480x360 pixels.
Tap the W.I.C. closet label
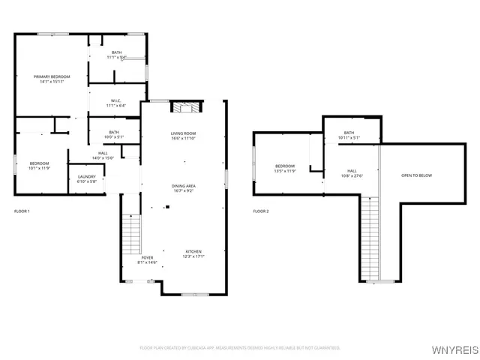click(x=115, y=103)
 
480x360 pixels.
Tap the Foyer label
click(x=148, y=259)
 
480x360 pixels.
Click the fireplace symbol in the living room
click(x=186, y=107)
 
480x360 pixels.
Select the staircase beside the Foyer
click(x=131, y=233)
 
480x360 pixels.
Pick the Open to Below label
click(x=416, y=175)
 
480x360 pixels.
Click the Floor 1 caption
click(x=22, y=211)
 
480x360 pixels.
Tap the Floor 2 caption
click(x=261, y=211)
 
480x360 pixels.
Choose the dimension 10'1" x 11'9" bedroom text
click(x=39, y=168)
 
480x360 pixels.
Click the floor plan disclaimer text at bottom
click(x=240, y=348)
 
